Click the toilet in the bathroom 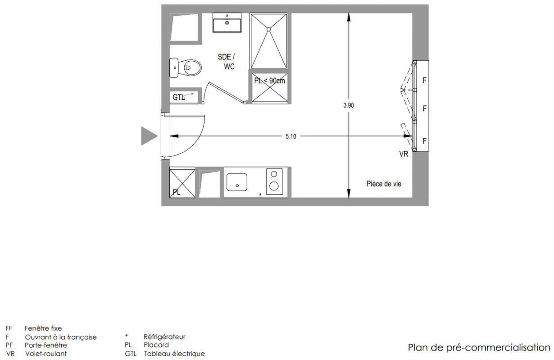click(x=186, y=67)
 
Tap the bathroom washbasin click(x=227, y=23)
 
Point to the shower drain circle click(x=269, y=29)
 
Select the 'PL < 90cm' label click(x=269, y=81)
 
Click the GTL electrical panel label click(x=178, y=97)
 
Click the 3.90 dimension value click(x=349, y=105)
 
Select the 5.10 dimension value click(x=291, y=136)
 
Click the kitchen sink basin click(x=236, y=182)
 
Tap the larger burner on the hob click(x=274, y=186)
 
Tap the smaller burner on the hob click(x=274, y=174)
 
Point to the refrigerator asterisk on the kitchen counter click(x=260, y=195)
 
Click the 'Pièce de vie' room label click(x=384, y=184)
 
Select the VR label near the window click(x=404, y=154)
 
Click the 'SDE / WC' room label click(x=226, y=62)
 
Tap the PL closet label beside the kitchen click(x=177, y=192)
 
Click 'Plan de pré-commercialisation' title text click(x=479, y=347)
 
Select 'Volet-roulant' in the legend click(x=46, y=354)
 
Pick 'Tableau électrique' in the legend click(x=174, y=354)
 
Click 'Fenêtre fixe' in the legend click(x=43, y=328)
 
